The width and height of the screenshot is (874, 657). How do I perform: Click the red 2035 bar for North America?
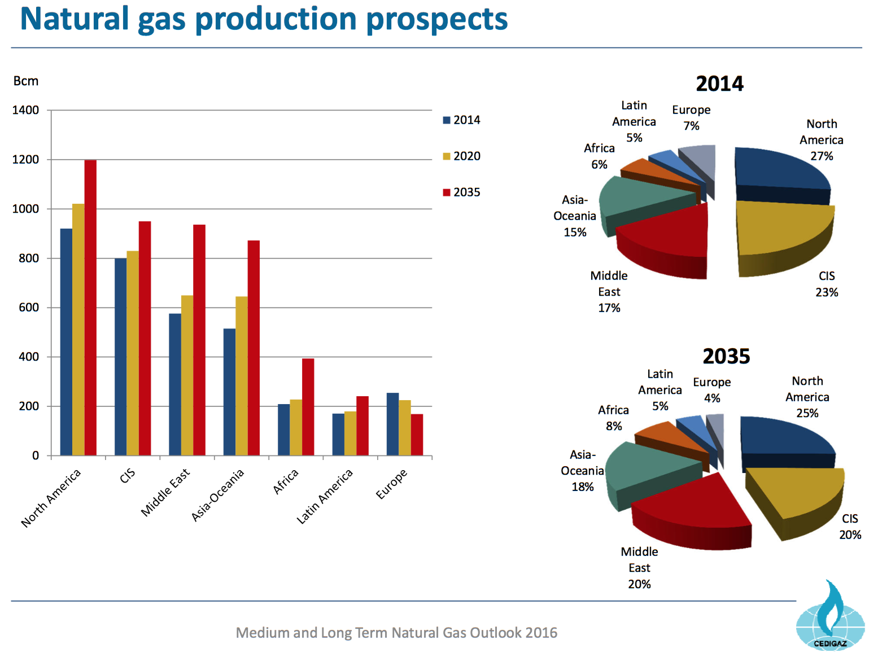click(x=90, y=308)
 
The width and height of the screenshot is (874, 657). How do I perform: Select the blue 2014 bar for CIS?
click(x=120, y=357)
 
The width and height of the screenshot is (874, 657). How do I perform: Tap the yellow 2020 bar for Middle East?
click(x=187, y=375)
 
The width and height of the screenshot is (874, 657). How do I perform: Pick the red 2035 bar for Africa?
click(x=308, y=407)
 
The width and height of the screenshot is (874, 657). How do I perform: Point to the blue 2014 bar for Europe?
click(x=392, y=424)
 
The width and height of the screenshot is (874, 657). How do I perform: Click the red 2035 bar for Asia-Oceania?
click(x=254, y=348)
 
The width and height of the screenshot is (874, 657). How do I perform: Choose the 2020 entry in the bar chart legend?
click(x=461, y=156)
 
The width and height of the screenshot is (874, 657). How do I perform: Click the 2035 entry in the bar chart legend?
click(x=461, y=192)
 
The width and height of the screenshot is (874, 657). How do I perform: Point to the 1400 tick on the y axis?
click(x=25, y=110)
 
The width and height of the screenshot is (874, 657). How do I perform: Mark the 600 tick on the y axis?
click(x=28, y=308)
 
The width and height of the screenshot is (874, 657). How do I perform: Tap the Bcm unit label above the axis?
click(x=26, y=81)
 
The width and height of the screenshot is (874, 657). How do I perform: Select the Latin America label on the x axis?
click(x=325, y=497)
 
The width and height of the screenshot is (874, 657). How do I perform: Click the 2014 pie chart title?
click(x=719, y=84)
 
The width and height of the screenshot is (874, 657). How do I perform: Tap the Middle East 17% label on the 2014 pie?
click(x=609, y=292)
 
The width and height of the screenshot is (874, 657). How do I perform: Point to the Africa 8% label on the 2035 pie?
click(x=613, y=418)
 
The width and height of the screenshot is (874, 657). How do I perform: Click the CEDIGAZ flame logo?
click(x=830, y=615)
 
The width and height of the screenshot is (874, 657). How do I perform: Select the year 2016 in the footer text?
click(x=541, y=633)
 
